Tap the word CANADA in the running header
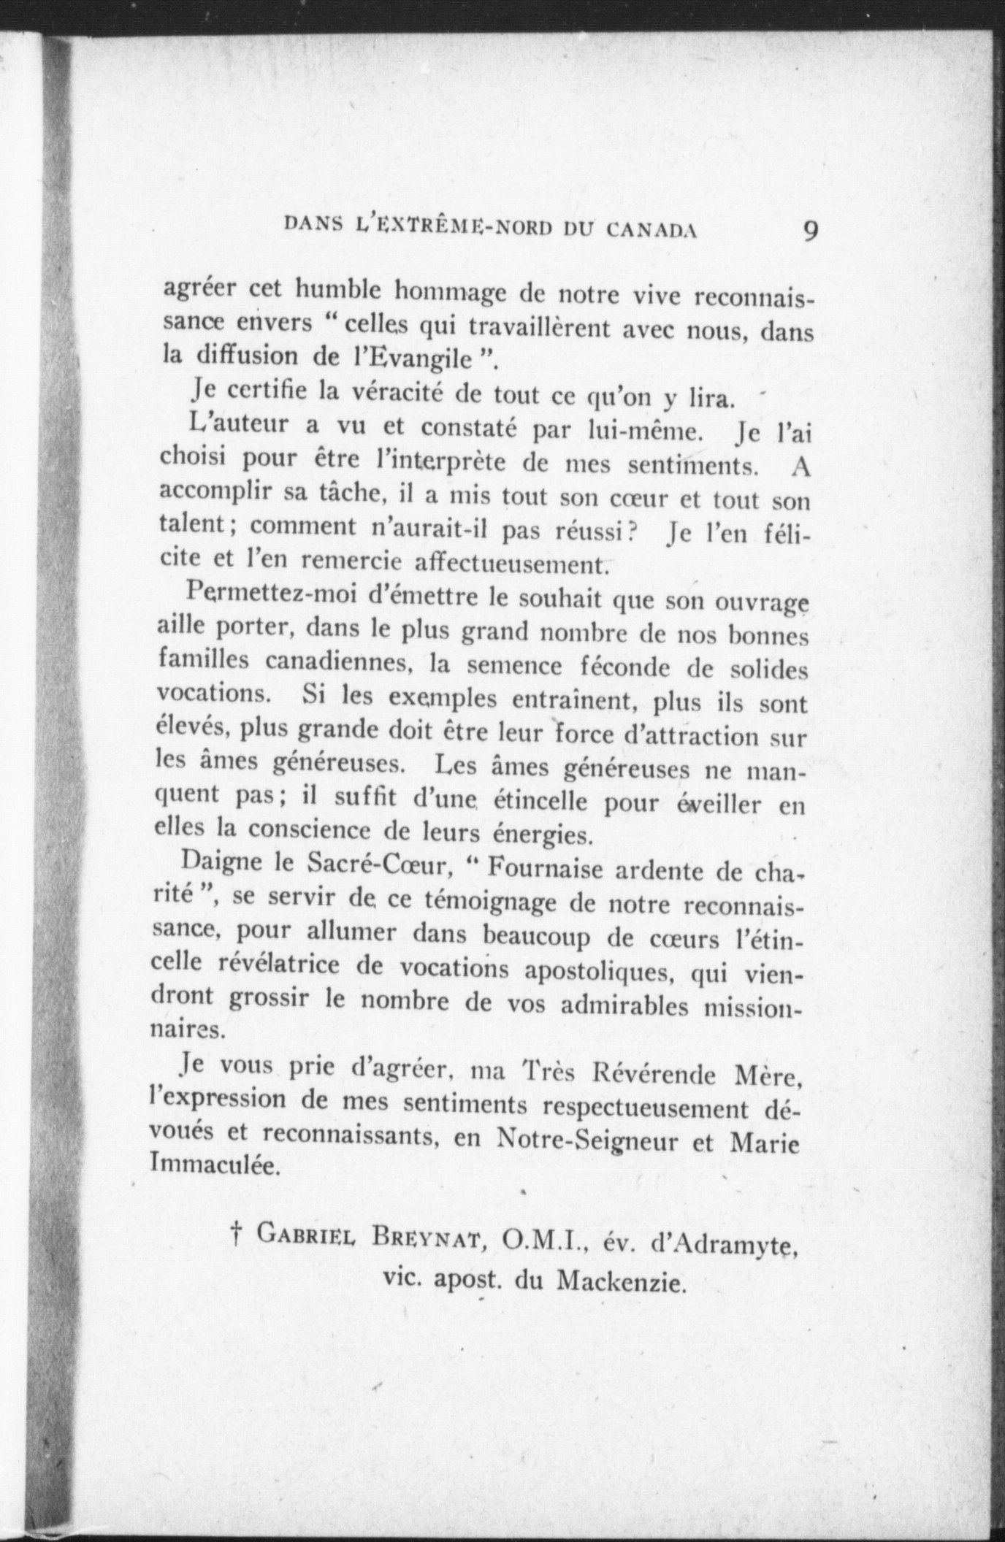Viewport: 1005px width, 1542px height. point(651,231)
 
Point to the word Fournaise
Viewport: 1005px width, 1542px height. point(545,869)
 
